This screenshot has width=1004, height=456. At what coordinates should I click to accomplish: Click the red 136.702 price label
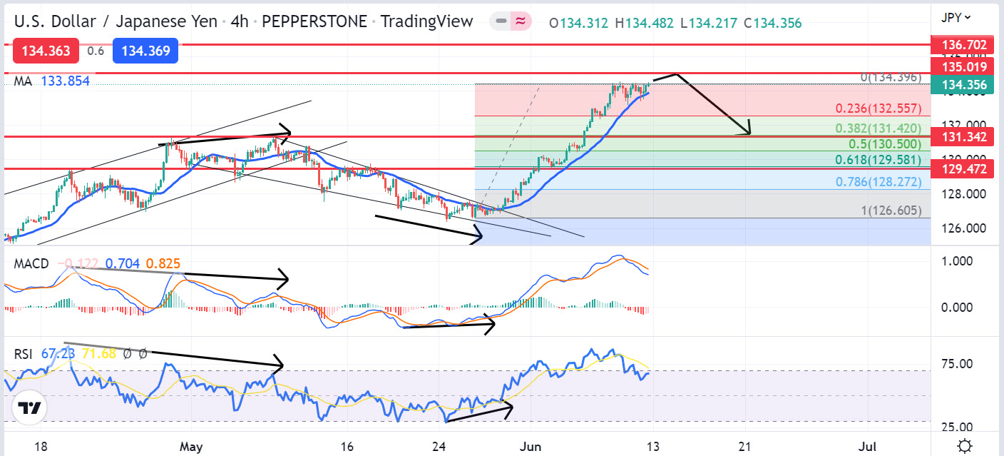(964, 46)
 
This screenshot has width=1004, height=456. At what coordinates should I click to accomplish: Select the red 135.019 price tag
(964, 67)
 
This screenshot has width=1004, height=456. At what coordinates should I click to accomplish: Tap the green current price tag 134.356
(964, 86)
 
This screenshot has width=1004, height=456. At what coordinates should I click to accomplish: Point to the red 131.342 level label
(964, 136)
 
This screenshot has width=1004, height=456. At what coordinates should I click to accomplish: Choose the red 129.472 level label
(964, 169)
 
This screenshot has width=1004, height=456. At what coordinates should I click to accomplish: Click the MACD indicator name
(31, 264)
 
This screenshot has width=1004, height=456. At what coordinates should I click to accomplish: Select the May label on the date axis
(192, 447)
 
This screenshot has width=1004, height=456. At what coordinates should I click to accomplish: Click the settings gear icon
(965, 446)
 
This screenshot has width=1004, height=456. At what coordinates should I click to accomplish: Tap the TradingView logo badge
(29, 408)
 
